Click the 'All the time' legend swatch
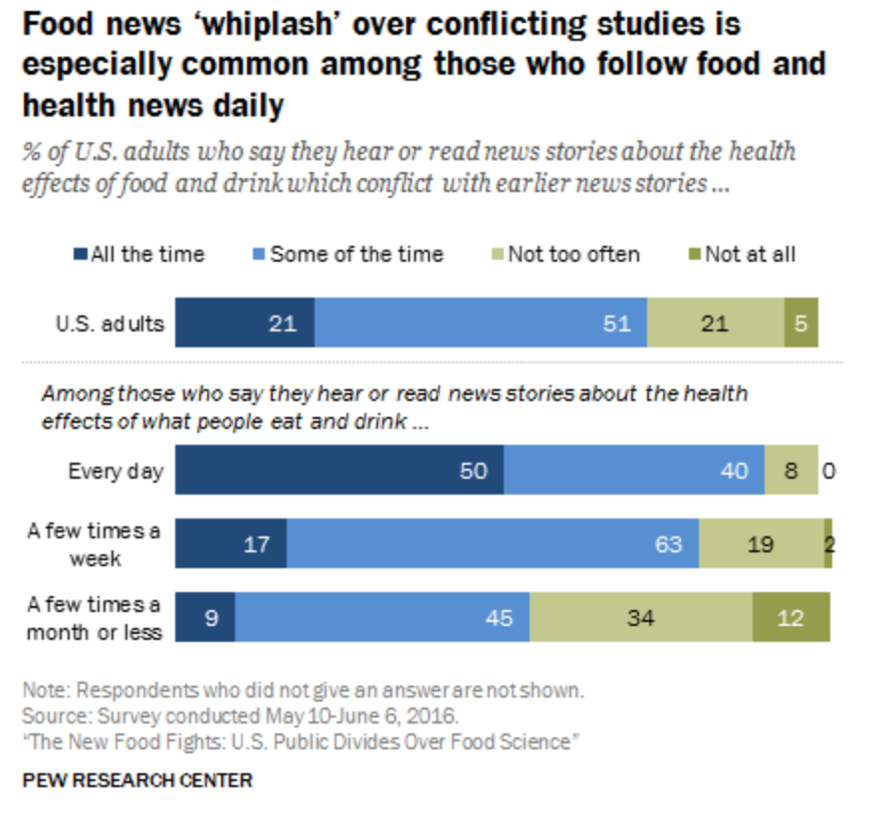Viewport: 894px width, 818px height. click(x=83, y=255)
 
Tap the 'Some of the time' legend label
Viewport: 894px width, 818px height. click(x=356, y=254)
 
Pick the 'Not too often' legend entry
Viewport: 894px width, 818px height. click(x=573, y=254)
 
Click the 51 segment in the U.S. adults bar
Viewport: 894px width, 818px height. click(x=480, y=322)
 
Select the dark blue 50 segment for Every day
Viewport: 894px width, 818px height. click(x=338, y=470)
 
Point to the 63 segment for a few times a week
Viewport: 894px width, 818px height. click(x=492, y=543)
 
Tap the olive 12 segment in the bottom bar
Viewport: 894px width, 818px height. click(x=790, y=617)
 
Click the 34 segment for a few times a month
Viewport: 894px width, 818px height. click(x=640, y=617)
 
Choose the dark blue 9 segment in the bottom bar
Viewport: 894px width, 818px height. click(x=205, y=617)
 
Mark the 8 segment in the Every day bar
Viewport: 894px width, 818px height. click(x=791, y=470)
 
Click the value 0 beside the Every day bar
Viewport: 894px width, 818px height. click(x=828, y=470)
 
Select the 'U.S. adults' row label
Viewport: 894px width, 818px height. click(x=110, y=322)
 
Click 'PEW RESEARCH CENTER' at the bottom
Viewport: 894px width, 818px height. click(x=136, y=780)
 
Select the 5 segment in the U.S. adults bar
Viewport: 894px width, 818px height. click(x=800, y=322)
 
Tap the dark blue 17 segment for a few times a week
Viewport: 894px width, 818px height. click(x=231, y=543)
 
